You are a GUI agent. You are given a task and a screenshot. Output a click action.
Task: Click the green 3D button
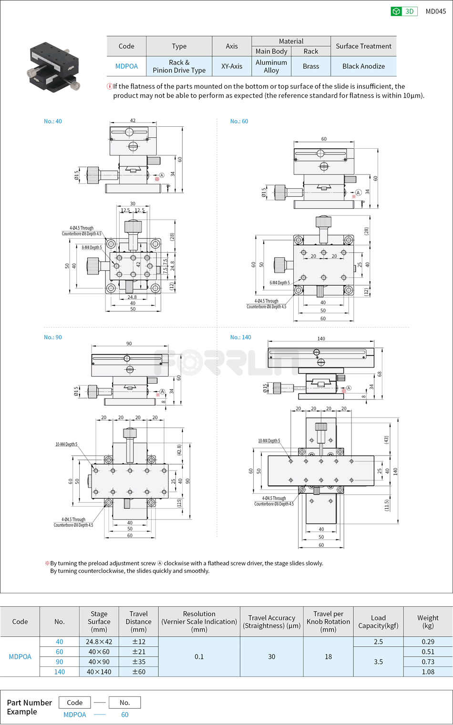click(x=404, y=11)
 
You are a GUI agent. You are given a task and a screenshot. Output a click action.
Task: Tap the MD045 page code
click(x=435, y=11)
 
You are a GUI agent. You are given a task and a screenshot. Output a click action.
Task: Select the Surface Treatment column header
click(x=363, y=46)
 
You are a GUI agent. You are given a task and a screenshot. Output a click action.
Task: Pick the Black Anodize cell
click(x=363, y=66)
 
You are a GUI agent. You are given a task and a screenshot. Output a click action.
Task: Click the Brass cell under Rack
click(x=310, y=66)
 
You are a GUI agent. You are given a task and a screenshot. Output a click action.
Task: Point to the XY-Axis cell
click(x=232, y=66)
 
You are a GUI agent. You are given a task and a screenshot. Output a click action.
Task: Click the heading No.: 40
click(x=53, y=122)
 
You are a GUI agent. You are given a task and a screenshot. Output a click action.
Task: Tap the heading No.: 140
click(x=240, y=337)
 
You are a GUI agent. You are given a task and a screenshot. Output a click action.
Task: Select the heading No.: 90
click(x=53, y=337)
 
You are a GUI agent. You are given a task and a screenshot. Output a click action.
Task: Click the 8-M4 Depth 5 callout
click(x=92, y=247)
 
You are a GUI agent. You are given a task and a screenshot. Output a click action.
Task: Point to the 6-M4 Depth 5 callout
click(x=279, y=283)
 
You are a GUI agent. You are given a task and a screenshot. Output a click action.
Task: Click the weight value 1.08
click(x=428, y=672)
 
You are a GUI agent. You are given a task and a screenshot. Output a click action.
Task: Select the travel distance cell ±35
click(x=138, y=662)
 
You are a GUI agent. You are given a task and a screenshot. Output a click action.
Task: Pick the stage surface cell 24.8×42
click(x=99, y=642)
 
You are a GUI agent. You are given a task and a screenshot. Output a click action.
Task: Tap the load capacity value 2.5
click(x=378, y=642)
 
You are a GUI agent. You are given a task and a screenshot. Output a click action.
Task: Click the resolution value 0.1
click(x=199, y=656)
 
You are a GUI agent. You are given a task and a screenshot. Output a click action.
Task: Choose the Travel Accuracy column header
click(x=271, y=622)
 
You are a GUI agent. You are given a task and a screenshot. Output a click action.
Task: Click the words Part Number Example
click(x=29, y=707)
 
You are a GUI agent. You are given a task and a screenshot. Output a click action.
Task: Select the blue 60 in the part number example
click(x=124, y=715)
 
